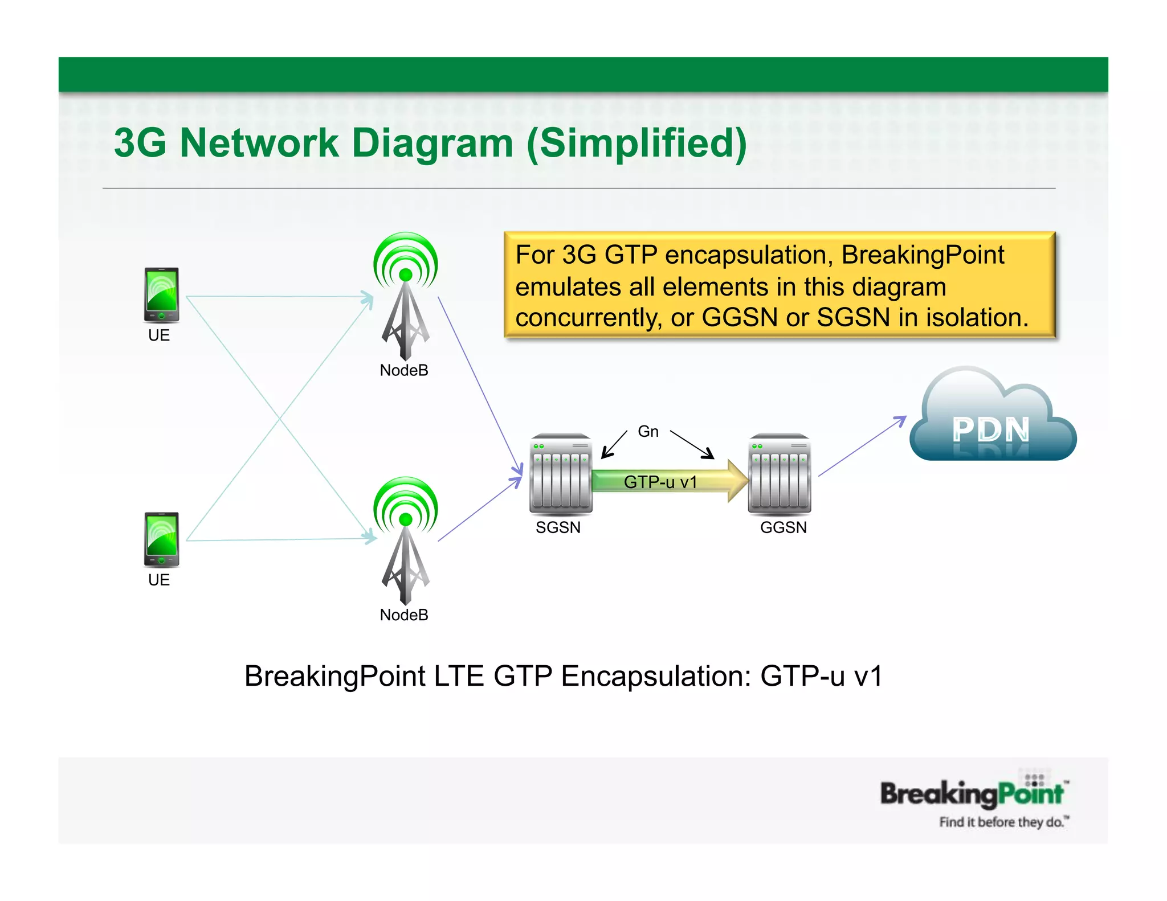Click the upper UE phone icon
coord(161,295)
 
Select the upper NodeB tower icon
coord(405,296)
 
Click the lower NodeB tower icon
coord(405,541)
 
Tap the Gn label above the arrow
coord(648,432)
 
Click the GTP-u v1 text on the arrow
coord(660,482)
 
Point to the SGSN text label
coord(558,527)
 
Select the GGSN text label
coord(784,527)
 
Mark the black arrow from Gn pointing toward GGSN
coord(692,445)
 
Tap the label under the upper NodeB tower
coord(404,371)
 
